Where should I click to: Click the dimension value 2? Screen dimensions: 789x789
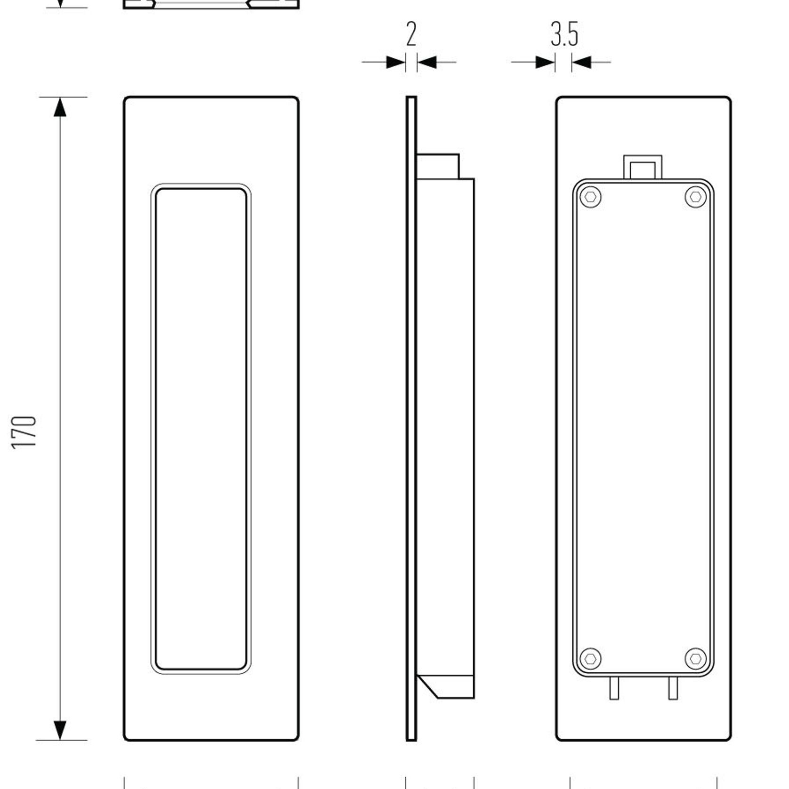point(411,34)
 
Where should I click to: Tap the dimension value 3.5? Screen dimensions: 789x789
point(564,34)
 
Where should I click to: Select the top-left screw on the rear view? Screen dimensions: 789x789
point(590,196)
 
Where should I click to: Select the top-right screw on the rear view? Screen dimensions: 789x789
point(695,196)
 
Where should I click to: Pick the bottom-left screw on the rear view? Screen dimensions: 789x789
point(590,658)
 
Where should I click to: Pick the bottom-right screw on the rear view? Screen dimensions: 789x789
point(695,658)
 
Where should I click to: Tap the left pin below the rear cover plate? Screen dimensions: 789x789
point(614,688)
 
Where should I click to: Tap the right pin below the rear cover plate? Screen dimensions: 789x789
point(673,688)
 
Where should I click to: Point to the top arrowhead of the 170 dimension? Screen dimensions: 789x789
point(60,107)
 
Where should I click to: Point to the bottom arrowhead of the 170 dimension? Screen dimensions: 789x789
point(60,730)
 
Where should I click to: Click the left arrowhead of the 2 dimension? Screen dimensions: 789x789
point(396,62)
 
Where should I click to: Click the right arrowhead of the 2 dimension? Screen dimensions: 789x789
point(427,62)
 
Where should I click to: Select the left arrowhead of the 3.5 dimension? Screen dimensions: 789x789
point(546,62)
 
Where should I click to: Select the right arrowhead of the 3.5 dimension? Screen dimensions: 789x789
point(581,62)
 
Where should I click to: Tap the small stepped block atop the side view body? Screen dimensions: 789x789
point(438,166)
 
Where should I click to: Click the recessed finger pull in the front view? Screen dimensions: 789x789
point(201,428)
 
